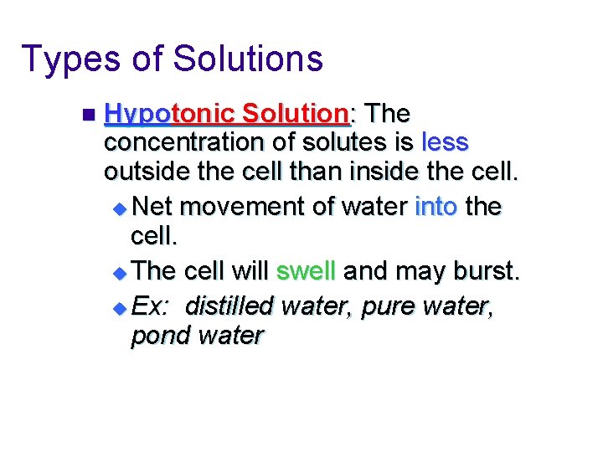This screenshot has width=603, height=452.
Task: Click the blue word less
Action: click(446, 143)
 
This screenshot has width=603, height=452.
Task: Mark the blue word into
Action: click(435, 205)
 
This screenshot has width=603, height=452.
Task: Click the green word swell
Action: click(307, 271)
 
